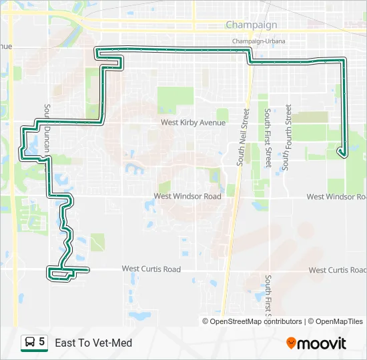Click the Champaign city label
(251, 25)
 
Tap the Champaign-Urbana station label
(258, 41)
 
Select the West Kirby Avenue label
(193, 123)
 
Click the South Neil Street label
(244, 138)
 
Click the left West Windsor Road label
(187, 197)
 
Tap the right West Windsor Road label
(336, 197)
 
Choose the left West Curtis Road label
(151, 269)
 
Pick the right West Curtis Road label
(337, 270)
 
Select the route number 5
(42, 342)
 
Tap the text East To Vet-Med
(93, 343)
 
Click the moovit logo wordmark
(322, 343)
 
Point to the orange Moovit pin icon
(291, 343)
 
